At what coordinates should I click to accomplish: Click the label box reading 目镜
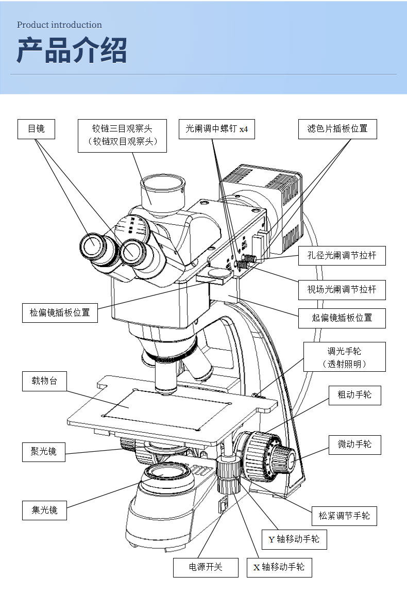[x=36, y=129]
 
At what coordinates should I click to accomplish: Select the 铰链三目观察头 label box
[x=122, y=136]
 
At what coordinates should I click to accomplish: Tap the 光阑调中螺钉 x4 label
[x=216, y=129]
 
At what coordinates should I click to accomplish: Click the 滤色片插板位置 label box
[x=337, y=129]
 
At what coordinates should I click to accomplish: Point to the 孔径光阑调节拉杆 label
[x=342, y=256]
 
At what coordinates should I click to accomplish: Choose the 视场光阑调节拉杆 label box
[x=342, y=290]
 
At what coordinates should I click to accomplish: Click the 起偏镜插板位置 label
[x=342, y=318]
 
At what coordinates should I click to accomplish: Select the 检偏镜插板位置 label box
[x=60, y=313]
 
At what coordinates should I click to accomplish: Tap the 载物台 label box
[x=44, y=381]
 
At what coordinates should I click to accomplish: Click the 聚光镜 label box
[x=43, y=452]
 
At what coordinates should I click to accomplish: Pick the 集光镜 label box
[x=44, y=510]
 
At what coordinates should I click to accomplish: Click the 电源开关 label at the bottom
[x=206, y=567]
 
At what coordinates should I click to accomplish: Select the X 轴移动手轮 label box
[x=279, y=567]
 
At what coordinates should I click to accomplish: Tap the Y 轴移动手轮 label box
[x=294, y=539]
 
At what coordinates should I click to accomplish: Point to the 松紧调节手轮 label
[x=344, y=516]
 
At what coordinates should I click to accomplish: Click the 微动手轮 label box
[x=354, y=444]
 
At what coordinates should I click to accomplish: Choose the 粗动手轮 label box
[x=354, y=395]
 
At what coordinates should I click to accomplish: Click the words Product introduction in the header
[x=59, y=25]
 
